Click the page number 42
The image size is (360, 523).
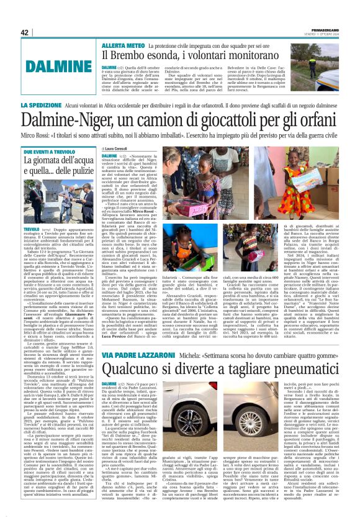coord(25,32)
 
